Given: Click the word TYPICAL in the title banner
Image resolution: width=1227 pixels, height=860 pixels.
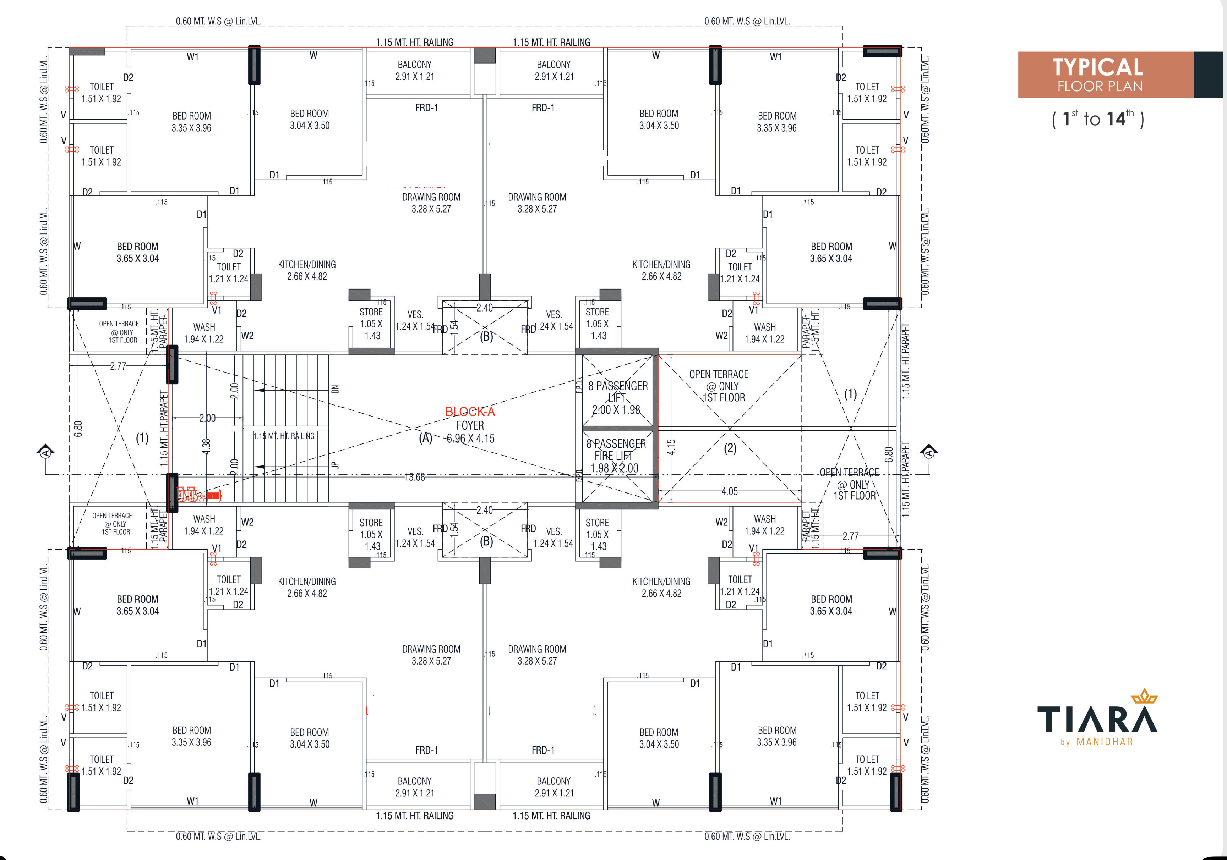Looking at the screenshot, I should (1098, 67).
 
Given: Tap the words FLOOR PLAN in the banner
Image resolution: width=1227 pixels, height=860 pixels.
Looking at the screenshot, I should (1100, 87).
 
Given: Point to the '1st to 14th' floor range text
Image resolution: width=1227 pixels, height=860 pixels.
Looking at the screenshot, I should (1098, 118).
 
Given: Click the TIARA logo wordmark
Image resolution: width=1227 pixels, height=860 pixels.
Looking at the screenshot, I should (1097, 719).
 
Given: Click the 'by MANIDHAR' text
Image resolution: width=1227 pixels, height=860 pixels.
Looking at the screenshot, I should (1097, 742).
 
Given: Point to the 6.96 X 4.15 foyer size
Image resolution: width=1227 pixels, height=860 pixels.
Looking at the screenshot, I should (471, 439).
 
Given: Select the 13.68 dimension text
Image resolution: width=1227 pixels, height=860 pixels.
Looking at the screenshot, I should (415, 477).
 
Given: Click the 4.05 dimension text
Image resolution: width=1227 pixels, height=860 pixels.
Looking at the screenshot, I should (730, 491).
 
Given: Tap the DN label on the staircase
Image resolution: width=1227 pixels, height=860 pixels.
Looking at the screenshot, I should (335, 389).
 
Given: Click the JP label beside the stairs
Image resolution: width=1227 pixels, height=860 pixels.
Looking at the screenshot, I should (335, 465).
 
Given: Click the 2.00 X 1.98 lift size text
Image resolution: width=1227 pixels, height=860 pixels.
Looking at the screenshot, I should (616, 410).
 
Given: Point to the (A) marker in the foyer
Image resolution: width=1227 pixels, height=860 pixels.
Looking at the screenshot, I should (425, 438).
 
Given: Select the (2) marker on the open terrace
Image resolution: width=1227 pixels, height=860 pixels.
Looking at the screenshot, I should (730, 448).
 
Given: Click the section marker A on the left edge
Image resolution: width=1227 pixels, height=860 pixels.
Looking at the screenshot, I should (45, 452).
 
